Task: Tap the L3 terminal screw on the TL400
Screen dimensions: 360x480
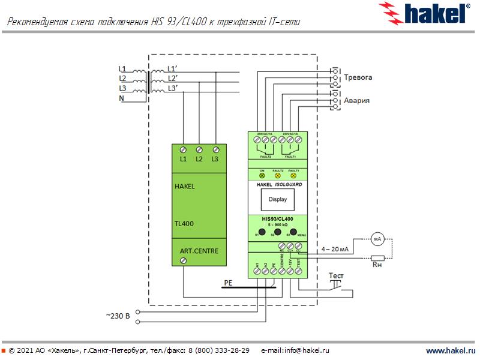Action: tap(215, 149)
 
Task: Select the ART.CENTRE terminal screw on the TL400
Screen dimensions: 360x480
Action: tap(184, 260)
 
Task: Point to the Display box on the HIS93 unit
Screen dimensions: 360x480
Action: tap(278, 199)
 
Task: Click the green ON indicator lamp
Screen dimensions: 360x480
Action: tap(262, 175)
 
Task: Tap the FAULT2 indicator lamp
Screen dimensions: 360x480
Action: tap(278, 175)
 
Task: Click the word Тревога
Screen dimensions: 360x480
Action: tap(358, 78)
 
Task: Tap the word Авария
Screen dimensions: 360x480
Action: tap(356, 101)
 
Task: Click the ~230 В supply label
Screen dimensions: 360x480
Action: tap(118, 315)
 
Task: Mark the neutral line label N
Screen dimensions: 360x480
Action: tap(121, 98)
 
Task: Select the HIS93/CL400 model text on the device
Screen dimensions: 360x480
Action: tap(278, 218)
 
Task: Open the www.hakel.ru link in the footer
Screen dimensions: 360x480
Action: tap(450, 350)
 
